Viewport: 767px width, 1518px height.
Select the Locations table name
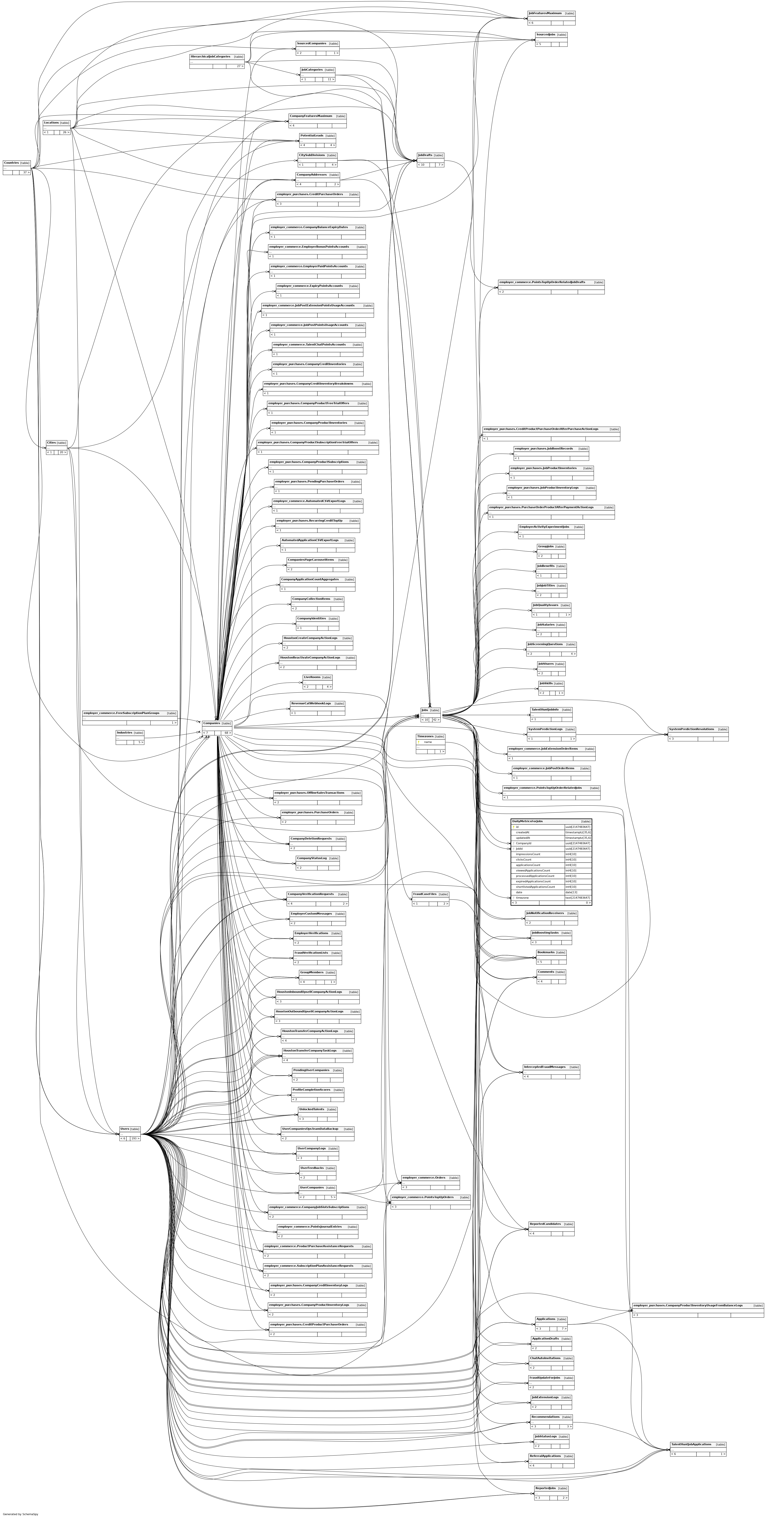[x=51, y=123]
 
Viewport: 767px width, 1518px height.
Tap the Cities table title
[x=51, y=443]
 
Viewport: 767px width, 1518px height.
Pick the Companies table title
[x=211, y=723]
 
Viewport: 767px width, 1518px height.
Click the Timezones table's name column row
[x=428, y=742]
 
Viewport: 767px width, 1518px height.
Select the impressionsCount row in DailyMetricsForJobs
[x=528, y=854]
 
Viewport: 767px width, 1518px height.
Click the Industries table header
[x=124, y=733]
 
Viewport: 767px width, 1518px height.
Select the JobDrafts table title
[x=425, y=155]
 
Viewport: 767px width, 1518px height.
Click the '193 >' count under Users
[x=135, y=1139]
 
